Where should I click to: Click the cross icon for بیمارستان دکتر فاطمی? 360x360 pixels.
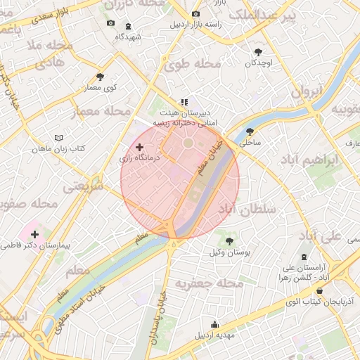[x=34, y=233]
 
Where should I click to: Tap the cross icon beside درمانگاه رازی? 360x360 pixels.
[x=139, y=148]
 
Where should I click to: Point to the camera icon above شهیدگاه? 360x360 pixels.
[x=110, y=23]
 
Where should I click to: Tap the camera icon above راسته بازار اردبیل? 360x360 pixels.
[x=195, y=13]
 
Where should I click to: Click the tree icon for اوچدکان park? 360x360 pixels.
[x=258, y=51]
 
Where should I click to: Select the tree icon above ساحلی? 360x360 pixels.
[x=250, y=131]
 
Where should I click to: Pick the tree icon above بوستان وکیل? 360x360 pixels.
[x=229, y=241]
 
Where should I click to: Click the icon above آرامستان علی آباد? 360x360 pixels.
[x=304, y=257]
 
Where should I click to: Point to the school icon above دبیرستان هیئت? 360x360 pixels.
[x=184, y=102]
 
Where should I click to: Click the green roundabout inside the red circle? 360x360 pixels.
[x=188, y=143]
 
